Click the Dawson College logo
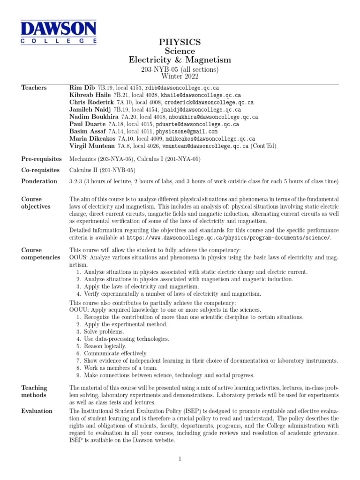pos(58,31)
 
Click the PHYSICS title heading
pos(180,43)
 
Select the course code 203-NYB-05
pos(159,69)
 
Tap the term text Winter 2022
pos(180,76)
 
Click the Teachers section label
pos(34,88)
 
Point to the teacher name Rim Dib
pos(82,88)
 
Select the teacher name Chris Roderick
pos(91,102)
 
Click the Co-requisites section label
pos(40,170)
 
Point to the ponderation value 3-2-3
pos(76,181)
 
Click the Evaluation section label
pos(37,411)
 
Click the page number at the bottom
pos(180,459)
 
